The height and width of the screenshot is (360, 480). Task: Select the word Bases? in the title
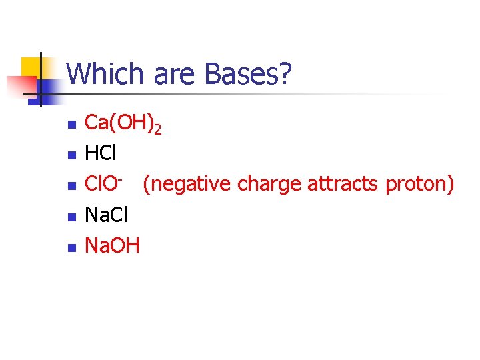[249, 74]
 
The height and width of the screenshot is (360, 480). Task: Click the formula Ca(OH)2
[123, 124]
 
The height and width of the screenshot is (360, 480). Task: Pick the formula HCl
[101, 154]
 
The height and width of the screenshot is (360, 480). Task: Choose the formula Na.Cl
[107, 215]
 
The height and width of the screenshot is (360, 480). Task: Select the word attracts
[344, 185]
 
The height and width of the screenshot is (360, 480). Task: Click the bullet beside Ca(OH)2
[72, 125]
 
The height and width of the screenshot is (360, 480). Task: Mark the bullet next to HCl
[72, 155]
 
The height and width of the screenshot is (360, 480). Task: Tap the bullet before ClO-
[72, 186]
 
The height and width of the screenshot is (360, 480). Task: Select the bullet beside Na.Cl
[72, 217]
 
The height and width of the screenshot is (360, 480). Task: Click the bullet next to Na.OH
[72, 247]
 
